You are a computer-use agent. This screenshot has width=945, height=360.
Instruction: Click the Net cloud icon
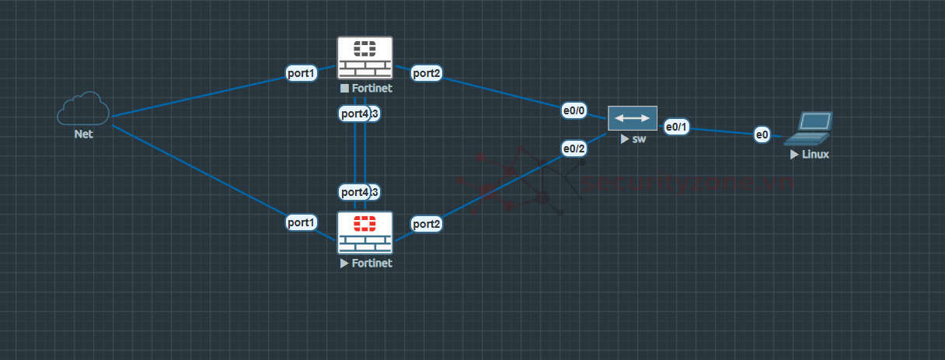click(82, 109)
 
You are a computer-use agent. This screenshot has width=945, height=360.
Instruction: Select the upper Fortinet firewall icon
click(365, 57)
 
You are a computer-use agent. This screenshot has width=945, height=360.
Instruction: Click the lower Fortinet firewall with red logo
click(365, 232)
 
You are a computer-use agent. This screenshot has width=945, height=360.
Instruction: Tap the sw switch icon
click(632, 118)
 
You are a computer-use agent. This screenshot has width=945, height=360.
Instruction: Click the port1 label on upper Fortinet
click(302, 74)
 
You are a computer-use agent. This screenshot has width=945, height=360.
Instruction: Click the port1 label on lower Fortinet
click(302, 222)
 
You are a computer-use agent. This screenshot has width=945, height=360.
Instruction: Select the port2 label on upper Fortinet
click(427, 74)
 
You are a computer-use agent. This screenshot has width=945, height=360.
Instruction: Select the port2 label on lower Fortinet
click(427, 224)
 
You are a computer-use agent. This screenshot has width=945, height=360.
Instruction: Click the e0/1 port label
click(676, 127)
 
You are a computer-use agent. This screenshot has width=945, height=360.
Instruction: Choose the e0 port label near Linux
click(762, 135)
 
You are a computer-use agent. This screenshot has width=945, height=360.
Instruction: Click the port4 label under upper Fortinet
click(354, 114)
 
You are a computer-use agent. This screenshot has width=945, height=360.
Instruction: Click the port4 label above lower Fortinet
click(354, 191)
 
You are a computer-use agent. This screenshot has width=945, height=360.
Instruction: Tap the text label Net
click(83, 134)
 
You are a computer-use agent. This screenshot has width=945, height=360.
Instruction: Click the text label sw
click(639, 139)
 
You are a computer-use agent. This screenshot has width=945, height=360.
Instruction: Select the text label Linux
click(815, 155)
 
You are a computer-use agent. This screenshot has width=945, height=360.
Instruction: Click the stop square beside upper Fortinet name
click(344, 89)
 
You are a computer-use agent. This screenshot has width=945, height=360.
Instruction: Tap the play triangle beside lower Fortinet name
click(344, 264)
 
